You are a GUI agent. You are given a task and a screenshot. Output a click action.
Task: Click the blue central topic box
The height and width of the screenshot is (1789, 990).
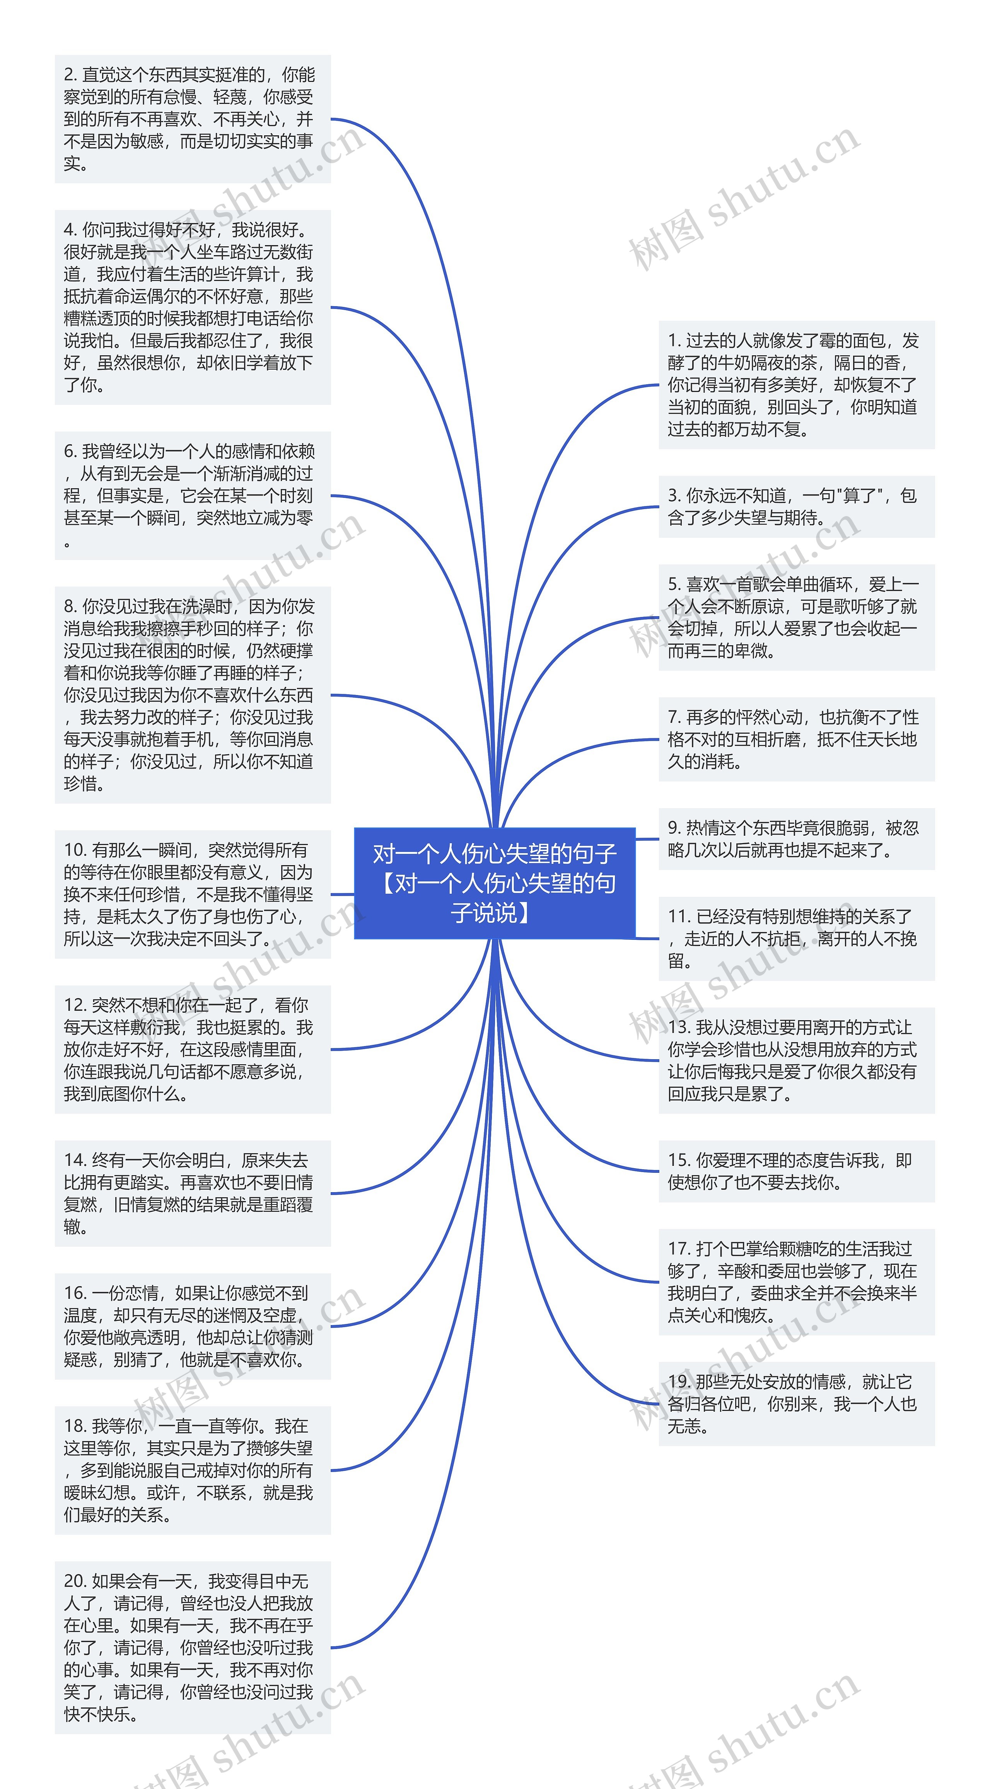tap(495, 883)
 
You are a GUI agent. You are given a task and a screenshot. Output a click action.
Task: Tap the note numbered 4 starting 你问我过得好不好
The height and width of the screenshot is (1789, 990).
tap(193, 307)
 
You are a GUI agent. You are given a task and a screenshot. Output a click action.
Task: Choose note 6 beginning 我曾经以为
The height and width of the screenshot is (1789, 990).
tap(193, 495)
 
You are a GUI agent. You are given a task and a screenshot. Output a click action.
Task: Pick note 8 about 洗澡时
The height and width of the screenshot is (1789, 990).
tap(193, 695)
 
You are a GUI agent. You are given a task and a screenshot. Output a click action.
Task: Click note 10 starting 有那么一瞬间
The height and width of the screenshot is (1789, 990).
tap(193, 894)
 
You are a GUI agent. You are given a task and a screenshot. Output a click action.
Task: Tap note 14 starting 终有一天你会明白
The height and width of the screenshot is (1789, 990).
tap(193, 1193)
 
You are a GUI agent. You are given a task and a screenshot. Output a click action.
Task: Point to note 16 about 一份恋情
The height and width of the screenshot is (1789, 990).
tap(193, 1326)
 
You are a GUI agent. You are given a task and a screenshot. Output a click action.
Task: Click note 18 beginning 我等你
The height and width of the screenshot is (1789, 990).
tap(193, 1470)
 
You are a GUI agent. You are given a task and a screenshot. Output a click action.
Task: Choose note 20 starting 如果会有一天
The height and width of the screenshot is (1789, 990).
tap(193, 1647)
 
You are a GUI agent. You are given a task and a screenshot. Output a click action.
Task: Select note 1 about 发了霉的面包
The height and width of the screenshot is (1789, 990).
tap(796, 385)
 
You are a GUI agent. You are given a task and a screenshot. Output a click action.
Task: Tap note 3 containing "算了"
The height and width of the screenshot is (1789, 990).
tap(796, 506)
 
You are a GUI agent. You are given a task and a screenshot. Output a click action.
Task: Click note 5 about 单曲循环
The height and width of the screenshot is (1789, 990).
tap(796, 617)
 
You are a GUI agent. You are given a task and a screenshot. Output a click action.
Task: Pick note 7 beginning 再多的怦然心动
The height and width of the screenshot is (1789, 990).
tap(796, 739)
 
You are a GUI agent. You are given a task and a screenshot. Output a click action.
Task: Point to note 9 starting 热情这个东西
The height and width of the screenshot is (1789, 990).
tap(796, 839)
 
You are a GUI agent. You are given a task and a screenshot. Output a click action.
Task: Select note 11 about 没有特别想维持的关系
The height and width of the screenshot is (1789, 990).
tap(796, 938)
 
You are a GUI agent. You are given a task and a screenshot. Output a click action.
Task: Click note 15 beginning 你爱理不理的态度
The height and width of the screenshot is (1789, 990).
tap(796, 1171)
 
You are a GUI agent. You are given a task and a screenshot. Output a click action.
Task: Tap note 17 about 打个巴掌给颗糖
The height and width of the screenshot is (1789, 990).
tap(796, 1282)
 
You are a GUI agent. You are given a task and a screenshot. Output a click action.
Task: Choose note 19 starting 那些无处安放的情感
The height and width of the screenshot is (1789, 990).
tap(796, 1404)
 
